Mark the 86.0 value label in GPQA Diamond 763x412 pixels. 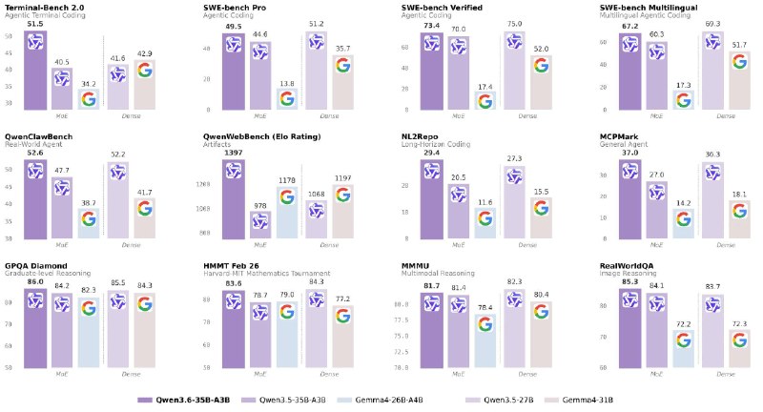pyautogui.click(x=35, y=283)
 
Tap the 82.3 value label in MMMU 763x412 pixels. pyautogui.click(x=514, y=281)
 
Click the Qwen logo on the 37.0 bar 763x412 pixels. pyautogui.click(x=630, y=171)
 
